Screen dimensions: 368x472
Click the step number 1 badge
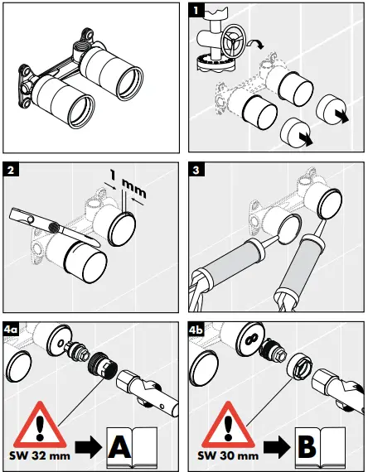(x=196, y=11)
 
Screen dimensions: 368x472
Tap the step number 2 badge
(x=11, y=170)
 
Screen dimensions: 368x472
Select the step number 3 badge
(x=196, y=170)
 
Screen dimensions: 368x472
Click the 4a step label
(x=11, y=330)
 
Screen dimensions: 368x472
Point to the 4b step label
(x=196, y=330)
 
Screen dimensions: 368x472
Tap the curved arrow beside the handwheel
(x=255, y=44)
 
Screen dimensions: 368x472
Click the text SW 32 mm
(x=40, y=455)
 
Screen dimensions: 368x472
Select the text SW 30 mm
(x=228, y=455)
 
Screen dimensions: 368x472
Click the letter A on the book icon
(x=119, y=446)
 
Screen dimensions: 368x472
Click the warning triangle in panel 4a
(x=40, y=425)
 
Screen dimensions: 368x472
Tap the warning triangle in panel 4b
(x=228, y=425)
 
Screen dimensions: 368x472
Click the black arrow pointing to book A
(x=89, y=447)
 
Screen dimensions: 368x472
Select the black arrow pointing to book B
(x=277, y=447)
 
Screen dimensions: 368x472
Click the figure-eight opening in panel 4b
(x=249, y=340)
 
